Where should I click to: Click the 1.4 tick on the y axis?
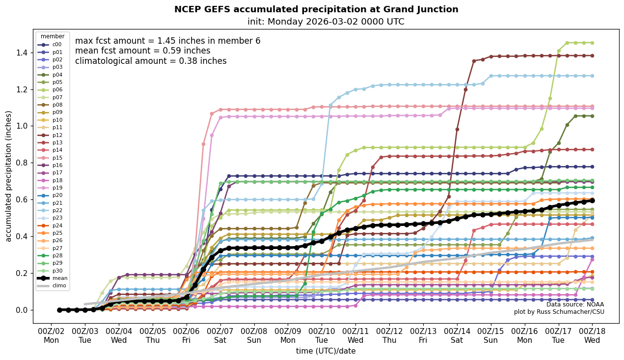pyautogui.click(x=23, y=53)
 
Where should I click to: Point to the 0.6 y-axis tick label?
pyautogui.click(x=23, y=200)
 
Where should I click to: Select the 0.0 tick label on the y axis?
pyautogui.click(x=23, y=310)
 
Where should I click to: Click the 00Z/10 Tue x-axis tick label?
pyautogui.click(x=322, y=335)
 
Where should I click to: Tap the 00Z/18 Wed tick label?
pyautogui.click(x=592, y=335)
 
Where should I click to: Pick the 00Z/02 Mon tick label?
pyautogui.click(x=51, y=335)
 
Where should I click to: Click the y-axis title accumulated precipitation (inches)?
pyautogui.click(x=8, y=176)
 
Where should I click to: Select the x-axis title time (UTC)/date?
pyautogui.click(x=326, y=351)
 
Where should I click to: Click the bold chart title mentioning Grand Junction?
pyautogui.click(x=316, y=9)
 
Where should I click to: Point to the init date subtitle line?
pyautogui.click(x=326, y=22)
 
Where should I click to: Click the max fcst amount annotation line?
pyautogui.click(x=167, y=41)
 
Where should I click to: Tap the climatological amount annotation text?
pyautogui.click(x=151, y=61)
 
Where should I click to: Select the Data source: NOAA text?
pyautogui.click(x=575, y=305)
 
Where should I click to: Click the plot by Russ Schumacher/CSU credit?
pyautogui.click(x=559, y=312)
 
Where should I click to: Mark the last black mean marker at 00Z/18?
pyautogui.click(x=592, y=200)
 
